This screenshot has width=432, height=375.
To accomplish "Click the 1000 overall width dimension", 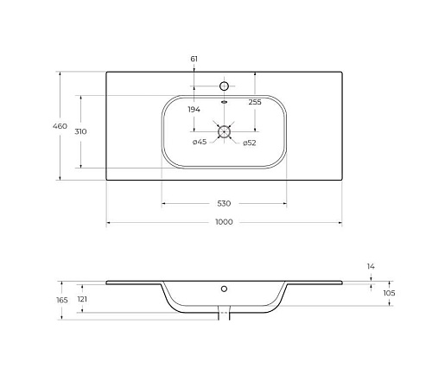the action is pyautogui.click(x=224, y=222).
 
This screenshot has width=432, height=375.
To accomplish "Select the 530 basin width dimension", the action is pyautogui.click(x=224, y=204).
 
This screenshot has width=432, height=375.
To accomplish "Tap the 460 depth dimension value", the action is pyautogui.click(x=60, y=126).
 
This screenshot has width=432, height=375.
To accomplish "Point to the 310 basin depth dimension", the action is pyautogui.click(x=80, y=131).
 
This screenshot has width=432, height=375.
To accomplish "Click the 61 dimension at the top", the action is pyautogui.click(x=194, y=59).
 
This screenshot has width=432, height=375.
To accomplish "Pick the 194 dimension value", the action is pyautogui.click(x=194, y=110).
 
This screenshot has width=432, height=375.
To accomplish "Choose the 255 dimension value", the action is pyautogui.click(x=255, y=102).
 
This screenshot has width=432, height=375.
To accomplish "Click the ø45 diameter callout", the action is pyautogui.click(x=200, y=142).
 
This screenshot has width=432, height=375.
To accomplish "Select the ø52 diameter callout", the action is pyautogui.click(x=249, y=143).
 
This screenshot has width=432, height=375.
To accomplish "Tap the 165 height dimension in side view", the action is pyautogui.click(x=62, y=300).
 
